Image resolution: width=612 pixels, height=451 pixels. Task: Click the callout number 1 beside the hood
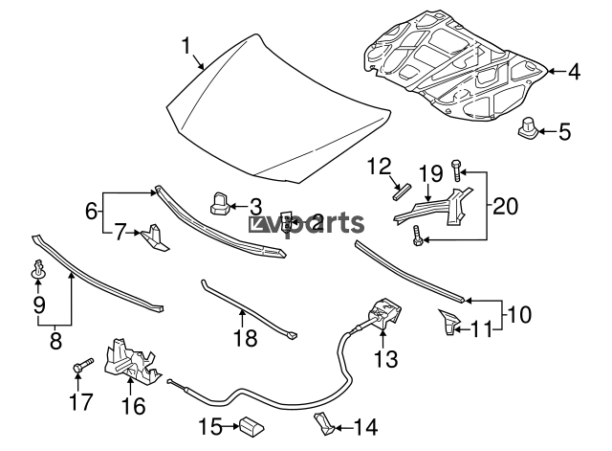point(187,44)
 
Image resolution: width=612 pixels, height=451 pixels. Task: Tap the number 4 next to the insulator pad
point(574,71)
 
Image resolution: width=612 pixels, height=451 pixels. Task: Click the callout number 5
point(564,130)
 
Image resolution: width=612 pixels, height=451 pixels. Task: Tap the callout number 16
point(133,406)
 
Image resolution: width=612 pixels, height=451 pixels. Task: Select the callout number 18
point(246,339)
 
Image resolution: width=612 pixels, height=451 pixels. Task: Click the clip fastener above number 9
point(37,268)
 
